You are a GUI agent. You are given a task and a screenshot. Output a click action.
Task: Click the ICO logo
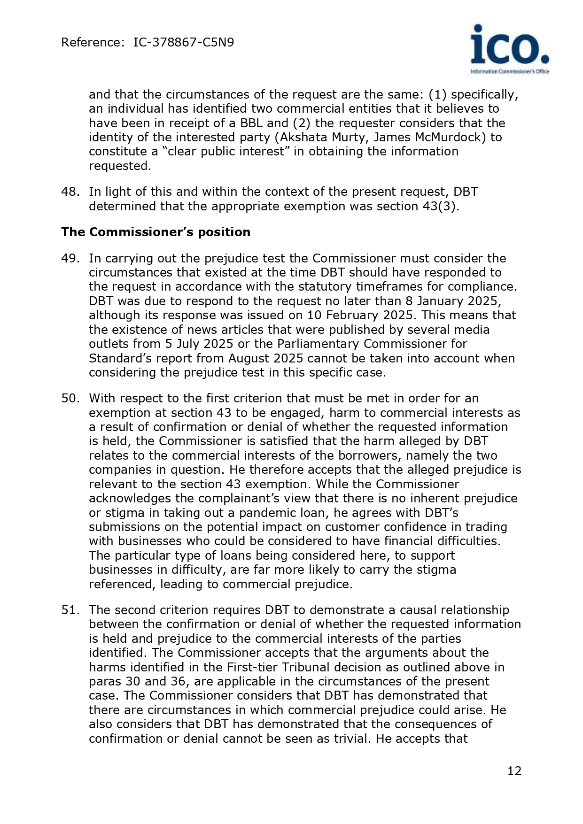click(x=510, y=49)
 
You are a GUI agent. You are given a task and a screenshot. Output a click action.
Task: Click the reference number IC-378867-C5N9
click(x=184, y=43)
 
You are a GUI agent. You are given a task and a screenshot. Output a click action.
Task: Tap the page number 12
click(x=514, y=771)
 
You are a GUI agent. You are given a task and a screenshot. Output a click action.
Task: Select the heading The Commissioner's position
click(x=155, y=232)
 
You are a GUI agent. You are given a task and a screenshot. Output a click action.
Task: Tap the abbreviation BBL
click(x=253, y=123)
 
